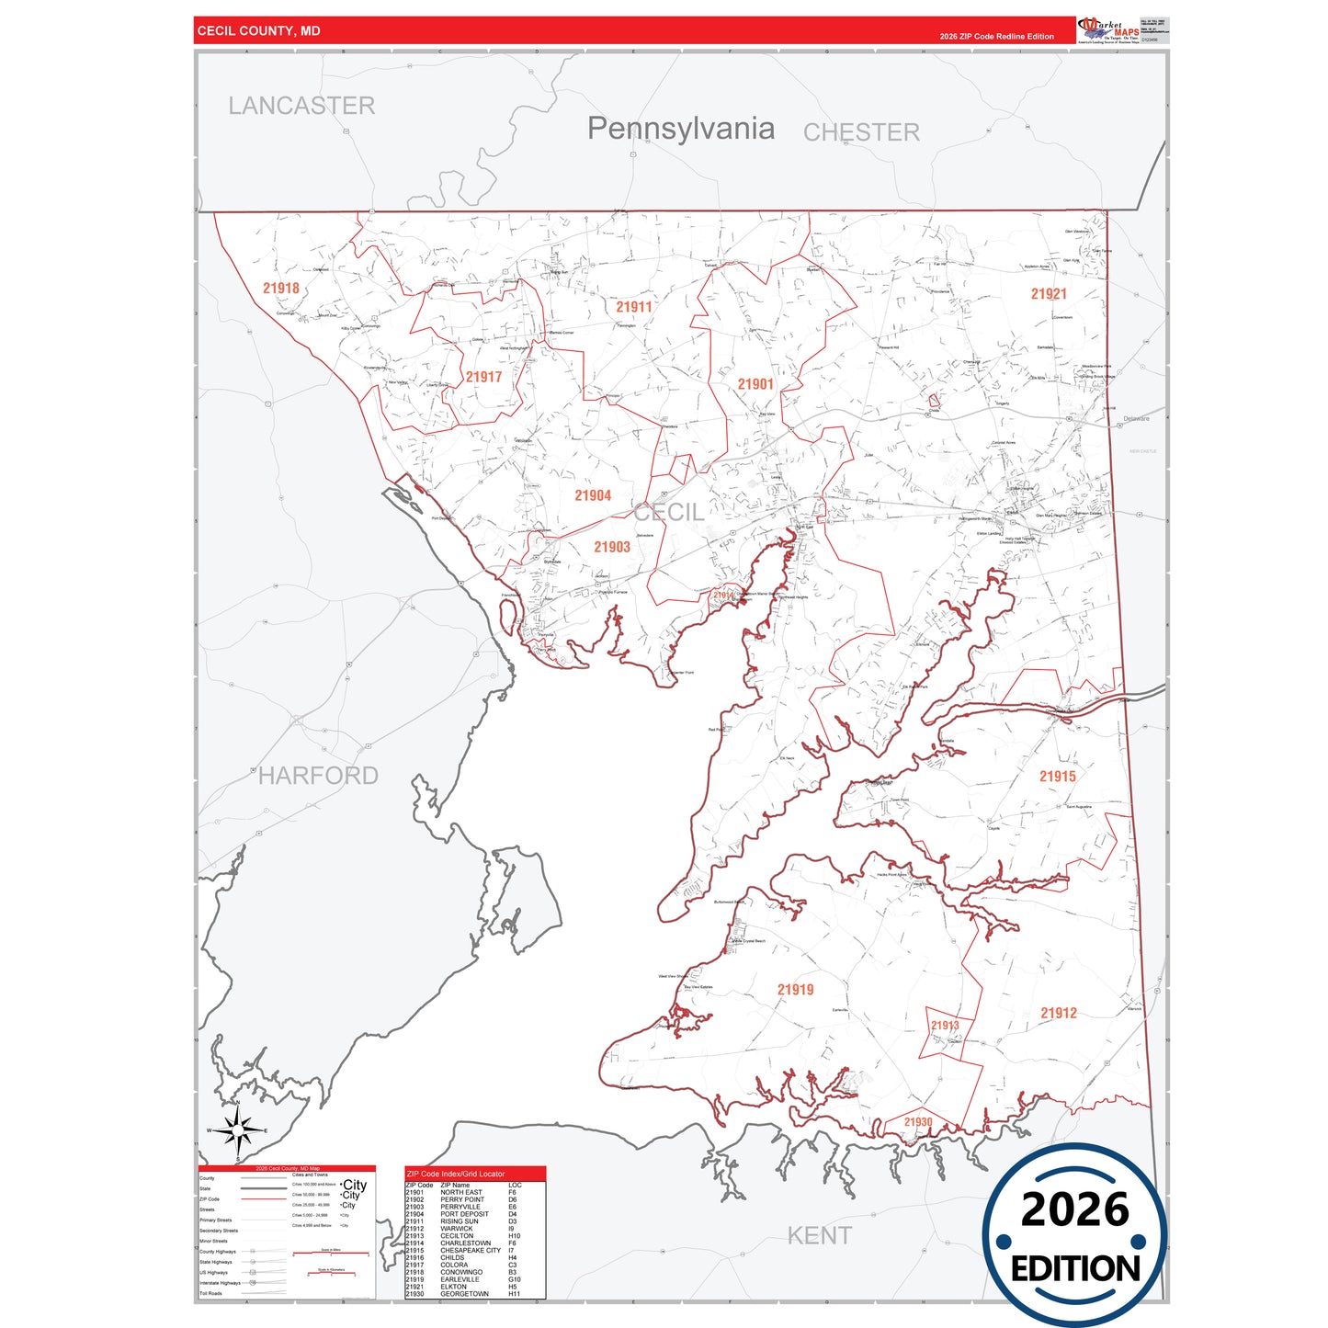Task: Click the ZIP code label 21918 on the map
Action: click(x=281, y=289)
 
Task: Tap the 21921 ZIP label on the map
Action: click(x=1049, y=294)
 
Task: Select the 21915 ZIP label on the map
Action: click(x=1058, y=777)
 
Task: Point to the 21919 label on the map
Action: click(x=796, y=990)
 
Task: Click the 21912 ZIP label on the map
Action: click(x=1059, y=1013)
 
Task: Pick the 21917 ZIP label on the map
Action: click(x=483, y=377)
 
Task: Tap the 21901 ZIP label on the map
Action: click(x=755, y=384)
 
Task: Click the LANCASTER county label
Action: click(x=301, y=106)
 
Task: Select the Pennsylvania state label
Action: click(x=681, y=129)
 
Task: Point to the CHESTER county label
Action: click(x=861, y=132)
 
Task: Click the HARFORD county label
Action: click(x=318, y=776)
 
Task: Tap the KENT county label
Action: click(x=820, y=1236)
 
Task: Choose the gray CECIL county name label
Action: click(x=669, y=513)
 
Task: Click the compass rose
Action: click(x=238, y=1129)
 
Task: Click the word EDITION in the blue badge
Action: click(x=1075, y=1269)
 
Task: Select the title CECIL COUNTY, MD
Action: click(x=259, y=31)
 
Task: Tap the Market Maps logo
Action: click(x=1108, y=30)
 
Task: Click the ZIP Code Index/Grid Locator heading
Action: click(x=456, y=1174)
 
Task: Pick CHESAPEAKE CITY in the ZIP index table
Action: click(x=471, y=1251)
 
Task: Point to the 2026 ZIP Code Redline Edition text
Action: click(x=996, y=37)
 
